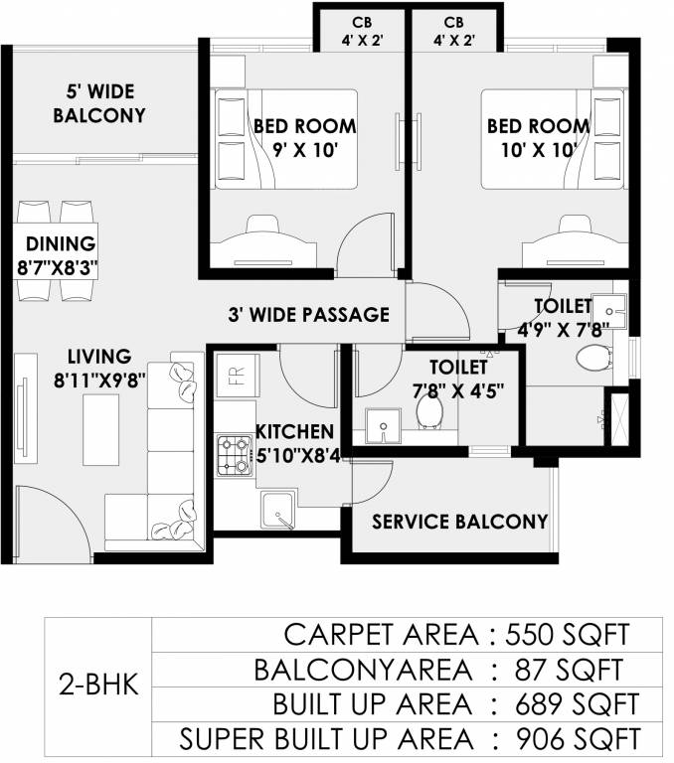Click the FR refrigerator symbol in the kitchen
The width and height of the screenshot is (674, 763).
[x=237, y=376]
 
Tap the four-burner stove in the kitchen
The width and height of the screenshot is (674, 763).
[x=235, y=455]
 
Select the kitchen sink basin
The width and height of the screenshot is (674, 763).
[x=278, y=510]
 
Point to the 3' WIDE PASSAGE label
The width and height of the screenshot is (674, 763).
[x=309, y=314]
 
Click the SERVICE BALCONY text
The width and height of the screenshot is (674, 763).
[x=459, y=522]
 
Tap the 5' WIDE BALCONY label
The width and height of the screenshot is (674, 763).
[x=99, y=103]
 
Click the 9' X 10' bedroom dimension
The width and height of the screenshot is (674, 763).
[x=305, y=150]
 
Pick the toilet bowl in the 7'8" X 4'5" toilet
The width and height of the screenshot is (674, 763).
[x=429, y=411]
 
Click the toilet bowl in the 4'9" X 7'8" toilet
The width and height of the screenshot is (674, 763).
[x=594, y=358]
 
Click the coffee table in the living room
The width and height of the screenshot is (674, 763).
[x=100, y=429]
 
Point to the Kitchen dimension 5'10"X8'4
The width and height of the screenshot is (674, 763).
[x=298, y=456]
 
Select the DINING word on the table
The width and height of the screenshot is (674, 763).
[x=61, y=243]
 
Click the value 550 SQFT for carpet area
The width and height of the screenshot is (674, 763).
[x=568, y=635]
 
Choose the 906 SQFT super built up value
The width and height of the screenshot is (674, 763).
[x=578, y=739]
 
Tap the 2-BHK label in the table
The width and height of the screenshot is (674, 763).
[x=98, y=686]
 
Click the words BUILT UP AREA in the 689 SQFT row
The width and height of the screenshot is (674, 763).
[x=372, y=704]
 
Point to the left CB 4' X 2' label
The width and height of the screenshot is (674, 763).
[x=362, y=31]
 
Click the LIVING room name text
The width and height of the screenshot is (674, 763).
[x=99, y=357]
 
